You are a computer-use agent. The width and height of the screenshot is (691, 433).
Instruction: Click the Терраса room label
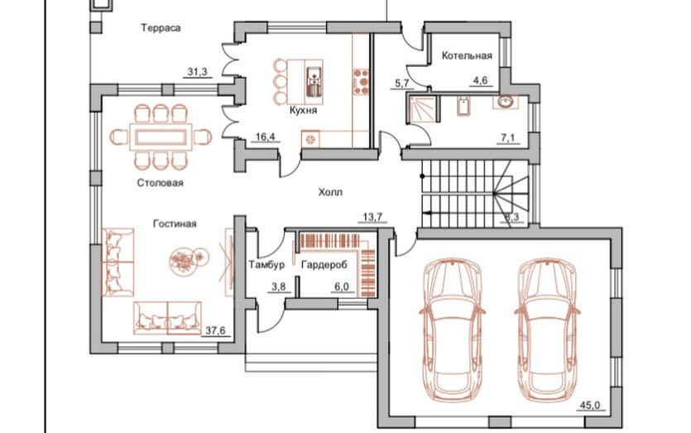(161, 28)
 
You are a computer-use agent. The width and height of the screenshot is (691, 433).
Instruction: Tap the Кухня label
(305, 109)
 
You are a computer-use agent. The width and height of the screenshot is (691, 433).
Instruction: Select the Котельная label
(467, 56)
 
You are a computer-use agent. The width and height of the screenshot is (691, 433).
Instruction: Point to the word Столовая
(161, 182)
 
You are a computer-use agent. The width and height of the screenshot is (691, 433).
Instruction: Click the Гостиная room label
(174, 224)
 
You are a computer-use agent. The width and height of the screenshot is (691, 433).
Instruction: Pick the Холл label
(330, 192)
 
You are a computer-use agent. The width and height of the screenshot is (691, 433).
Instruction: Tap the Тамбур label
(266, 265)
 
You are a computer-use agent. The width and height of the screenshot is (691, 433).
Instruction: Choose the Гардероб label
(324, 265)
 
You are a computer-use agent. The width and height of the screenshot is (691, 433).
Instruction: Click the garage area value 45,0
(588, 406)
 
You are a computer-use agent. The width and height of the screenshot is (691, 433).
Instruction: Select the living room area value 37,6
(214, 331)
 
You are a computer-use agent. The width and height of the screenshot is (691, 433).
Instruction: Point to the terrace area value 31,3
(197, 73)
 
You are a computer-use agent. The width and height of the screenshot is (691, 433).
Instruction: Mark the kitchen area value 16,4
(265, 137)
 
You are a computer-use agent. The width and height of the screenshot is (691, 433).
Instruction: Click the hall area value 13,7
(373, 218)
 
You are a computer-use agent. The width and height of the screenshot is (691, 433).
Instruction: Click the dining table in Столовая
(159, 135)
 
